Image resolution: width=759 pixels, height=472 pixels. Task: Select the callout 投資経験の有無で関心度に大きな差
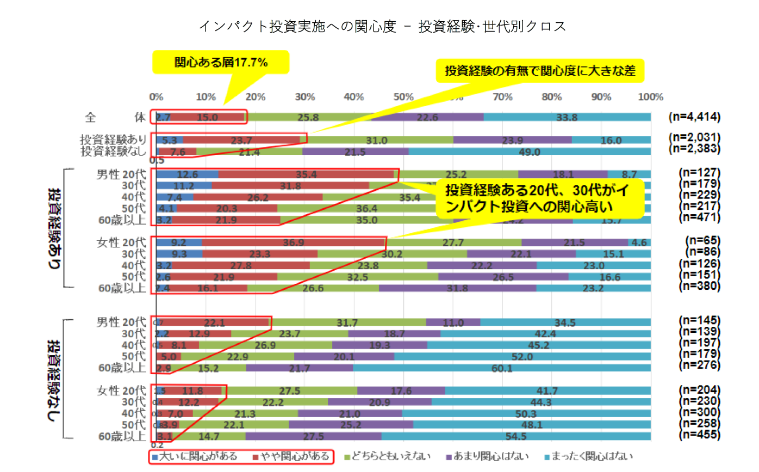tap(540, 71)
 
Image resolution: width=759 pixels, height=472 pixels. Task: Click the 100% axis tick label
tap(651, 97)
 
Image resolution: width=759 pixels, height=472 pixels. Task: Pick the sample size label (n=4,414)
tap(694, 116)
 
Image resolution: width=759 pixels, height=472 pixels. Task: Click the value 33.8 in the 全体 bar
tap(567, 116)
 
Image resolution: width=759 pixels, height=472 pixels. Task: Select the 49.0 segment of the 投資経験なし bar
tap(529, 152)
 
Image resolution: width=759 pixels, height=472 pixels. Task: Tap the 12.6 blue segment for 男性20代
tap(187, 174)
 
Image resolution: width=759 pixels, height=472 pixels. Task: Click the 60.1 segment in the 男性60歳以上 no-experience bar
tap(501, 368)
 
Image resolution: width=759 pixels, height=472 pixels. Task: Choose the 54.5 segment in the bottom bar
tap(515, 436)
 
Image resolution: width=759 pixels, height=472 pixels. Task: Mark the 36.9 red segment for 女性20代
tap(294, 242)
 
